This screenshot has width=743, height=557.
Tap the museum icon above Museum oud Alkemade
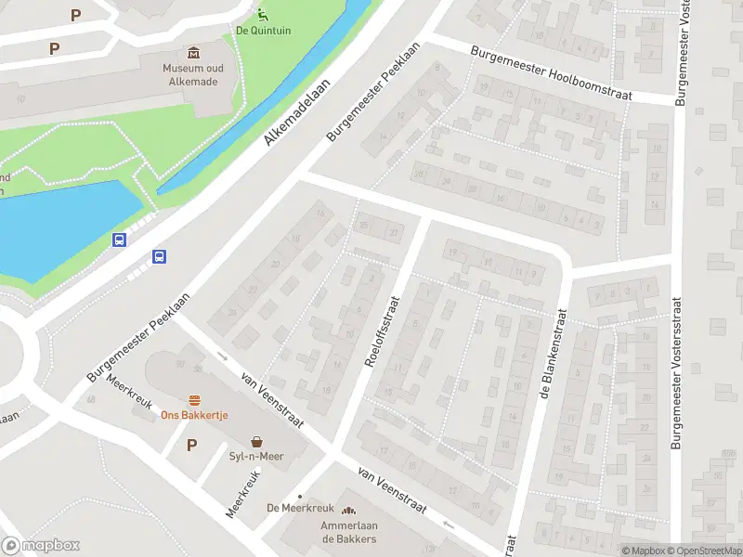coord(193,52)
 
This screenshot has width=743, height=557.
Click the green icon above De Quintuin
coord(263,13)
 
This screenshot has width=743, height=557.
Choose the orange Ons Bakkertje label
coord(194,415)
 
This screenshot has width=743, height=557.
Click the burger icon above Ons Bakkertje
coord(194,401)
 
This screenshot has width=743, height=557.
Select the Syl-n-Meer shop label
coord(255,456)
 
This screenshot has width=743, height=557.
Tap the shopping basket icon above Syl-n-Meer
coord(255,442)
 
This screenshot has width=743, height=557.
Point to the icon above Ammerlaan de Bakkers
coord(348,512)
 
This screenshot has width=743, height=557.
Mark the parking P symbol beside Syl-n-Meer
coord(192,445)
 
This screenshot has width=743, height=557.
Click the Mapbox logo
coord(41,546)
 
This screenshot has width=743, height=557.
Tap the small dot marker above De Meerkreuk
coord(299,497)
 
